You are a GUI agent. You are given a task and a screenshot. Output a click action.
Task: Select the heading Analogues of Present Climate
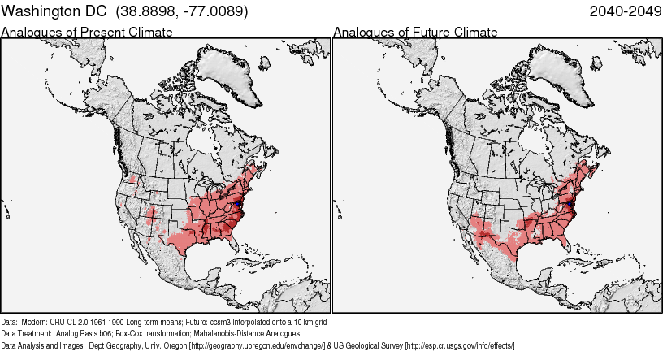coord(87,32)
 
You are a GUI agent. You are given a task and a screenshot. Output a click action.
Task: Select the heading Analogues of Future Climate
coord(415,32)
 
